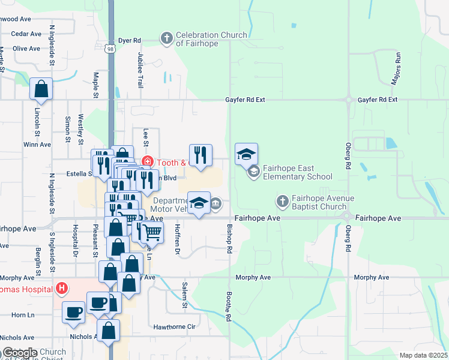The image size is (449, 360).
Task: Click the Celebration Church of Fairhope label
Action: pos(211,39)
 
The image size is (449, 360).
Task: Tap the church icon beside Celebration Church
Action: pos(167,39)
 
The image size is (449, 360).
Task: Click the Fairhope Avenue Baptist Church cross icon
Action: pos(282,202)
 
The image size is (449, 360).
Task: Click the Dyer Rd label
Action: pos(129,40)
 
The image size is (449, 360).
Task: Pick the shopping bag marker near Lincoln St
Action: pos(41,89)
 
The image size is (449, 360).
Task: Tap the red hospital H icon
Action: pos(61,289)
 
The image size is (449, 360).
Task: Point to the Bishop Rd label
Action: pos(229,238)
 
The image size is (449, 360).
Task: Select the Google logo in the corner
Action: pos(20,353)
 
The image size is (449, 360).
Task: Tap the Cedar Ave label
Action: pos(26,34)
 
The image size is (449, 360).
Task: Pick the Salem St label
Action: pos(185,296)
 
